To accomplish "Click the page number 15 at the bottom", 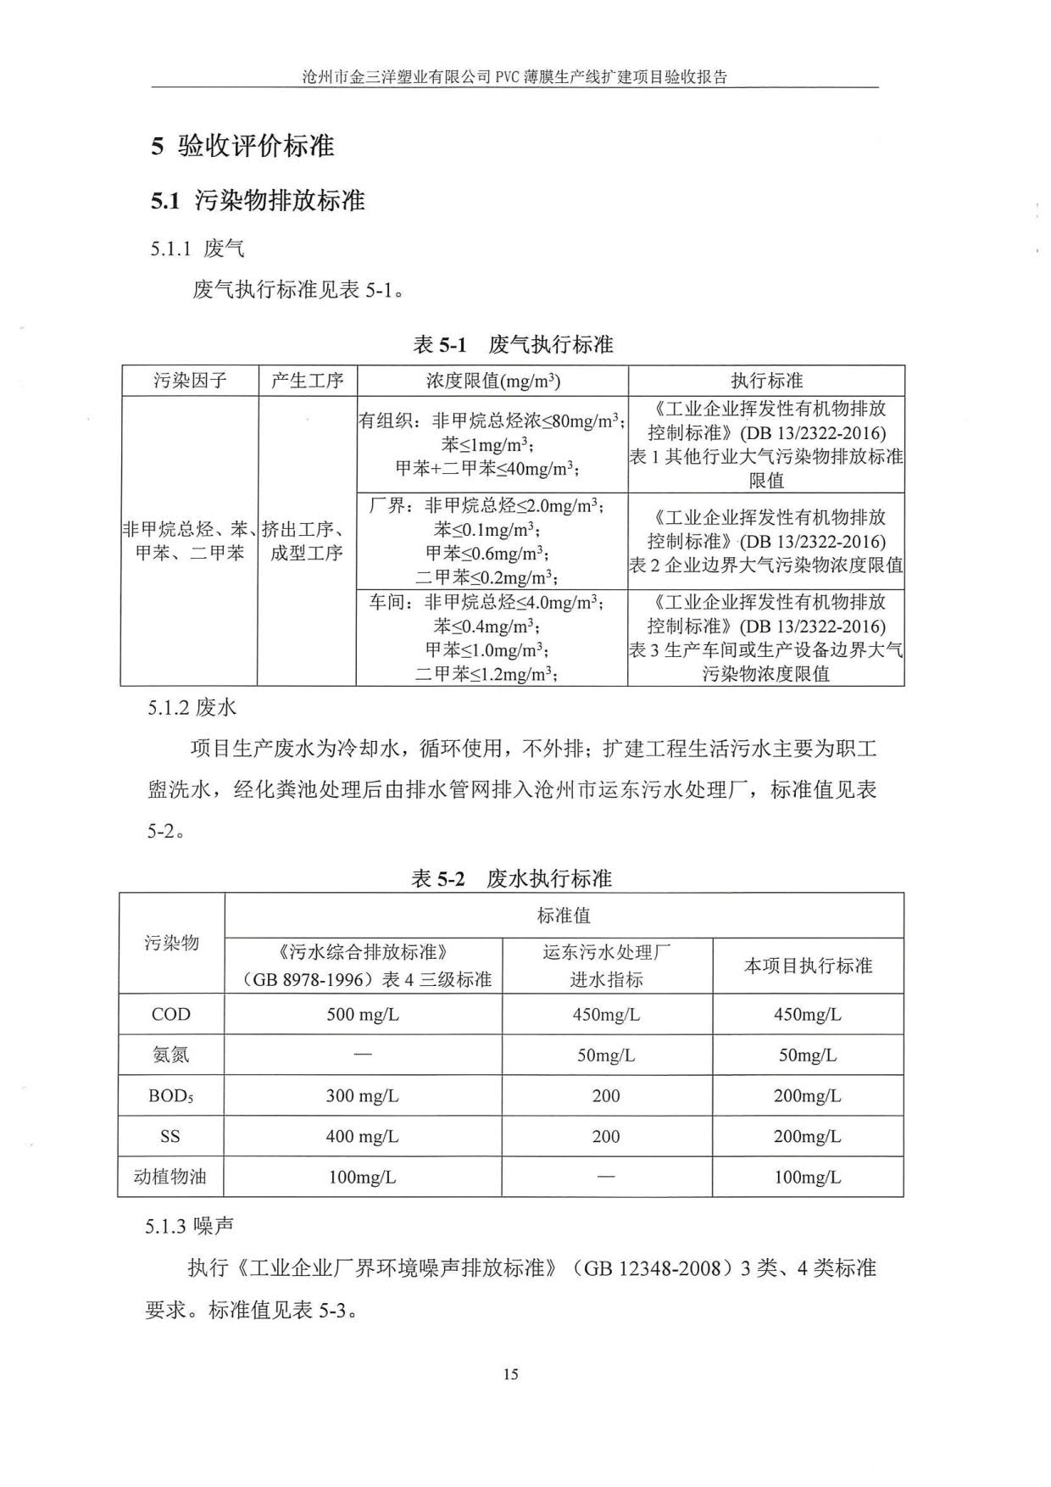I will click(510, 1374).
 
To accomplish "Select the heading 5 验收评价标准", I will click(242, 146).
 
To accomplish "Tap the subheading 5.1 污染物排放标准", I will click(258, 201).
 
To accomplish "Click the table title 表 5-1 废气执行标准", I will click(512, 344).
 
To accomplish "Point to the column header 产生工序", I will click(307, 381).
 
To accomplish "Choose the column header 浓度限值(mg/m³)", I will click(492, 381).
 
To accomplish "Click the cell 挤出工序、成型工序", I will click(307, 541).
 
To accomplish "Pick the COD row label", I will click(170, 1014).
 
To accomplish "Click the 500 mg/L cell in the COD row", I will click(363, 1014).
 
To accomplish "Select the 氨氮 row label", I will click(170, 1055).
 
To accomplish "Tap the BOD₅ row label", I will click(170, 1095).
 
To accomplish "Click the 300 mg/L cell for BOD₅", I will click(363, 1095).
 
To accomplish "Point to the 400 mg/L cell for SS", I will click(363, 1136).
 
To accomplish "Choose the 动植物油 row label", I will click(170, 1177).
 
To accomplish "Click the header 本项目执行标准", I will click(808, 966).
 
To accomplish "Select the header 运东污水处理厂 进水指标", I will click(606, 966).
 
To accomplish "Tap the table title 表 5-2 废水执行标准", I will click(511, 878).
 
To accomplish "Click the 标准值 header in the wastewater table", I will click(564, 916).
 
